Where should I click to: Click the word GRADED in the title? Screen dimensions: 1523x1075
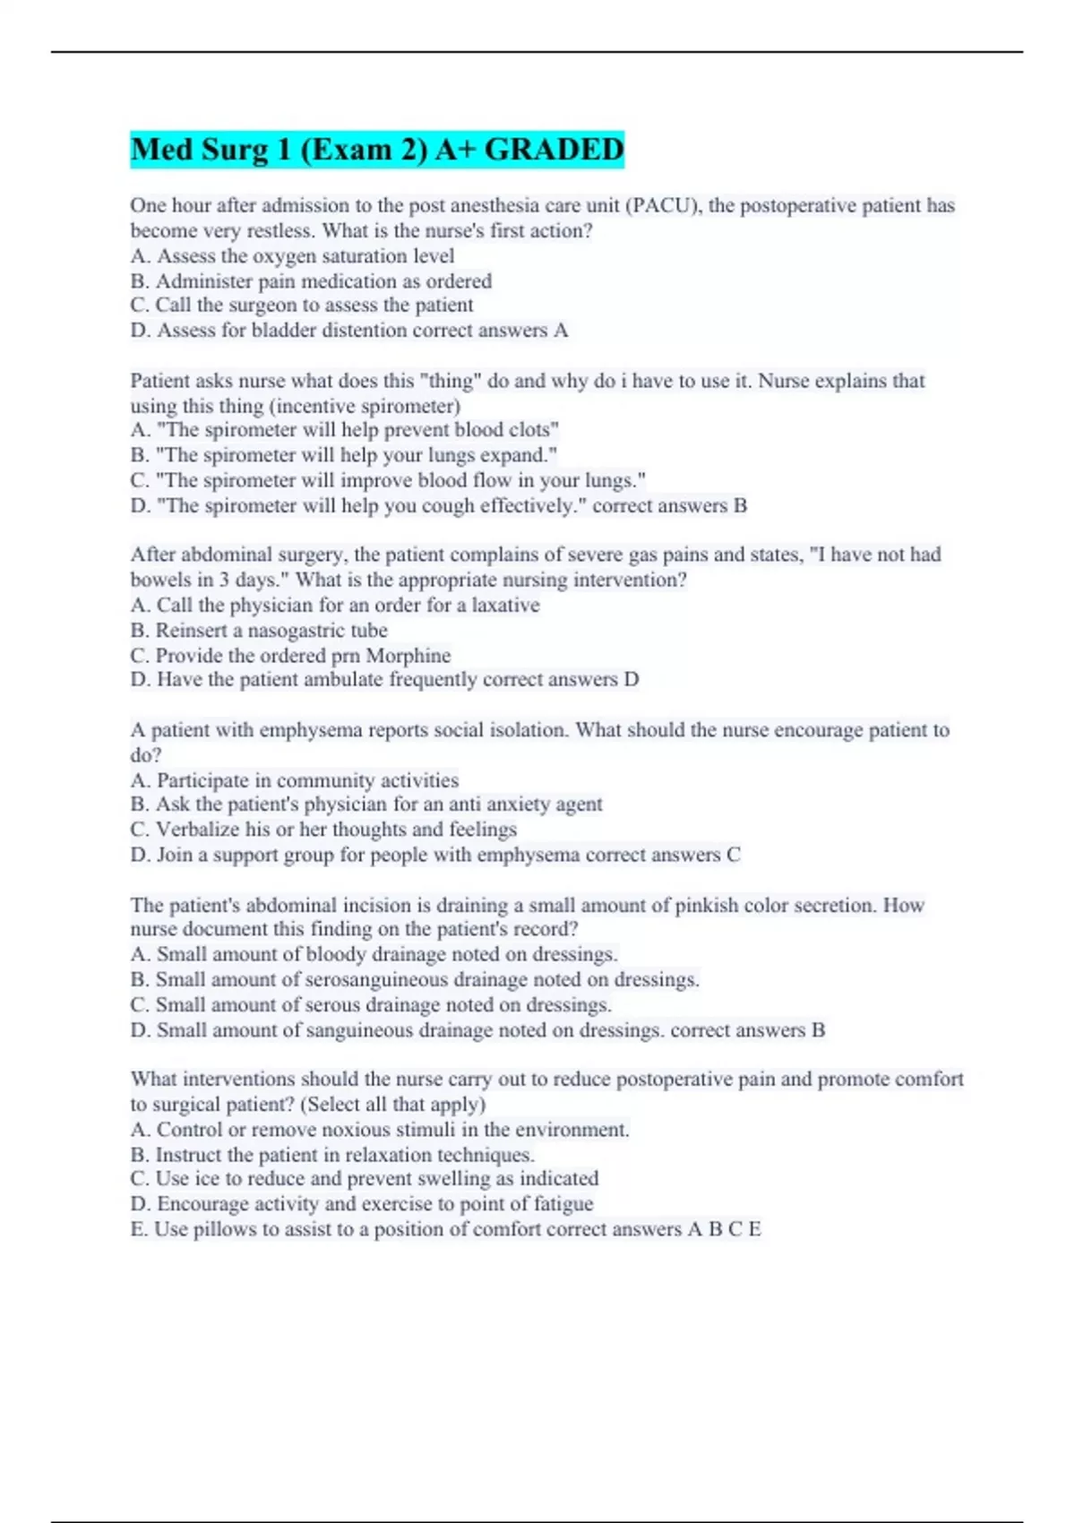554,150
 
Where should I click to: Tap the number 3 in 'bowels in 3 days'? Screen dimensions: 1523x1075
224,580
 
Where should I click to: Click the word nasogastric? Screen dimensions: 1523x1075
296,631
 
